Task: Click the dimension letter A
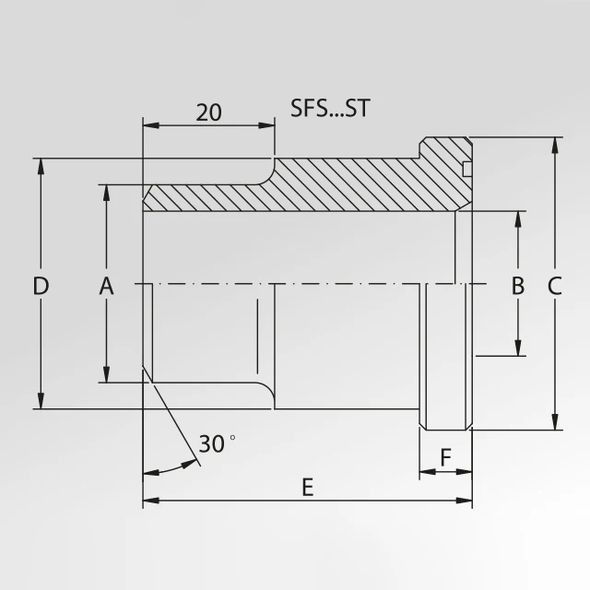[106, 287]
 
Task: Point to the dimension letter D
[40, 287]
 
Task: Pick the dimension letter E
[308, 489]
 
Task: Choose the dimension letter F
[445, 457]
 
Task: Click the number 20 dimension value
[209, 112]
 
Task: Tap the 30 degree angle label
[214, 444]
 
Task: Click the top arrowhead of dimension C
[554, 146]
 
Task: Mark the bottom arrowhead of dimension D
[41, 401]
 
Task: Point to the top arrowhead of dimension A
[107, 192]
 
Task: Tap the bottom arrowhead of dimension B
[518, 348]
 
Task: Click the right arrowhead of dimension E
[466, 501]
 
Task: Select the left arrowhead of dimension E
[149, 501]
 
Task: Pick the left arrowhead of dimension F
[426, 472]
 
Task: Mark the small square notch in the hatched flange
[466, 168]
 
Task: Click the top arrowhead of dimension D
[41, 165]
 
